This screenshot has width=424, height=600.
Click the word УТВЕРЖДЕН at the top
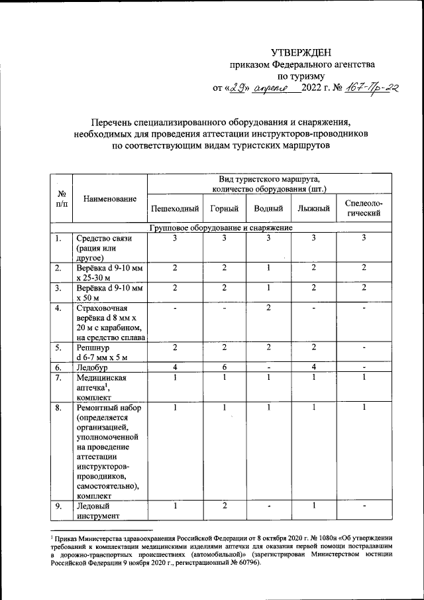click(300, 52)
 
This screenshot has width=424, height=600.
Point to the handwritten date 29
click(237, 88)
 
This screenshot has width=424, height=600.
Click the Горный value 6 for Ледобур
click(225, 367)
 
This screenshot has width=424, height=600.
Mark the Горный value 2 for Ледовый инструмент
click(225, 507)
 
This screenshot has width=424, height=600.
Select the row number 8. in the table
click(60, 407)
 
